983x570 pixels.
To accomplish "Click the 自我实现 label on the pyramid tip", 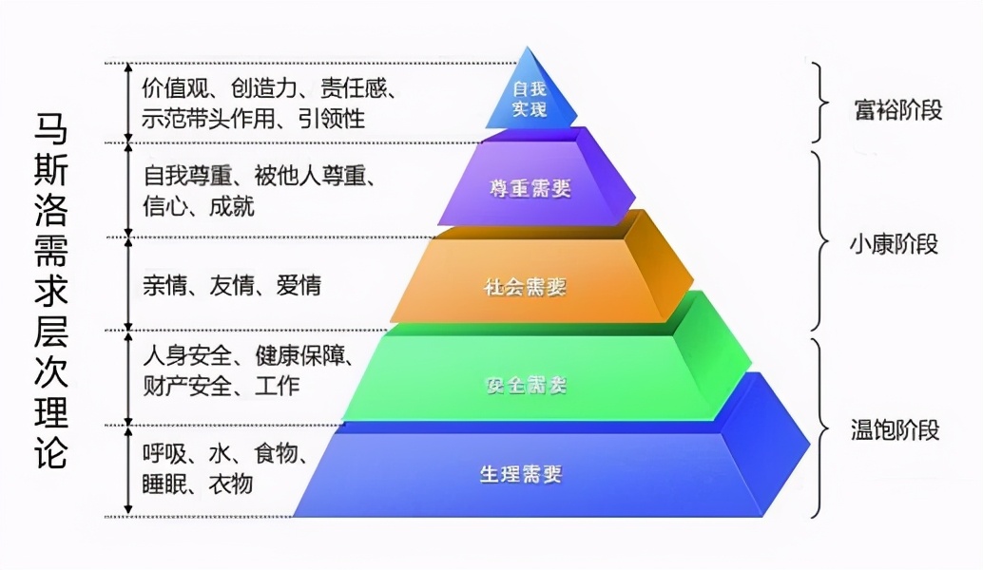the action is click(x=530, y=99).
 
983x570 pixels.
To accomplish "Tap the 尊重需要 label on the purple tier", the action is click(x=530, y=188).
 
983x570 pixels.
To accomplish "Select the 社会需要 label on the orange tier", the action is click(x=526, y=287).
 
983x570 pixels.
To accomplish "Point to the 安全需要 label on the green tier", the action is click(x=527, y=385).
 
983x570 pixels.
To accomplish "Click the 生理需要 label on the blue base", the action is click(x=521, y=474).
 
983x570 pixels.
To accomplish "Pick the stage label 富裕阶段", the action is click(x=898, y=110).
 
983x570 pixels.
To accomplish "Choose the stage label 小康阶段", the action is click(x=894, y=243).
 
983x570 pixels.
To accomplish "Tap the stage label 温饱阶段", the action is click(x=896, y=430).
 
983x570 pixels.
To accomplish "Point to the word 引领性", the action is click(x=332, y=119).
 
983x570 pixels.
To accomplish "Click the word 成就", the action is click(x=232, y=206).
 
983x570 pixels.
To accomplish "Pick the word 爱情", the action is click(x=299, y=286).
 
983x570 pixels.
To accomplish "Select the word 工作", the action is click(x=278, y=385).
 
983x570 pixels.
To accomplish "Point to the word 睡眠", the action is click(x=164, y=484).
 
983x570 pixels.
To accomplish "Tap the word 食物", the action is click(x=277, y=453).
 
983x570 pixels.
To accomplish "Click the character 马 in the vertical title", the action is click(x=50, y=129).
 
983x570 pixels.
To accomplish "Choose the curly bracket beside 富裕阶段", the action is click(x=820, y=103).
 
